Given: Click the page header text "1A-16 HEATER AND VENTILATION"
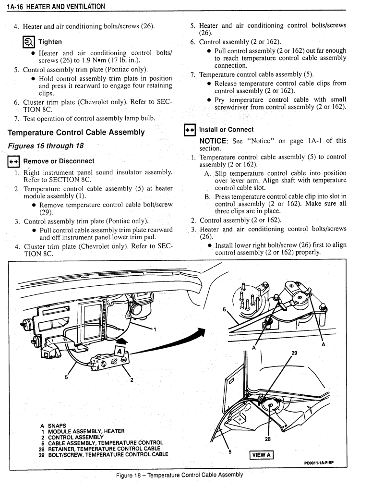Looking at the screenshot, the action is (56, 6).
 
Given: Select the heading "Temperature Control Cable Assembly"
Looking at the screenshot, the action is (76, 133).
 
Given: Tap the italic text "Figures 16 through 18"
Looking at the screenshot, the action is (46, 146).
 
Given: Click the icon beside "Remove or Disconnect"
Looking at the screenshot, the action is (13, 161).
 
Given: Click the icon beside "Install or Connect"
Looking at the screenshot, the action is (190, 130).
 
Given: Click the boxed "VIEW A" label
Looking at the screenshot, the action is (261, 455).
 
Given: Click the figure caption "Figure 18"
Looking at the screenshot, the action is (129, 476).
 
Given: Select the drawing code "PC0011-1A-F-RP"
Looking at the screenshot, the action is (319, 463).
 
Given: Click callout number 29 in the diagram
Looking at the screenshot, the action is (294, 353).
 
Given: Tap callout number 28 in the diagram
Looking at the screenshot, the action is (268, 439).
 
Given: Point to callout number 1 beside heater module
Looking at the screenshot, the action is (155, 329).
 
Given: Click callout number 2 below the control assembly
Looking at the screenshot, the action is (132, 380).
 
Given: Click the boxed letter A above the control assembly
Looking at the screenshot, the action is (120, 352).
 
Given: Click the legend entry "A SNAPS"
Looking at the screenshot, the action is (53, 426).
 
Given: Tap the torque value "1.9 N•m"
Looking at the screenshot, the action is (94, 61).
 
